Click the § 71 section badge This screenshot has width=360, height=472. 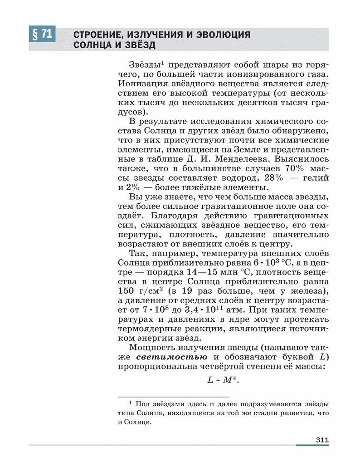41,34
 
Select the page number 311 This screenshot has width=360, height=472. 321,439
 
